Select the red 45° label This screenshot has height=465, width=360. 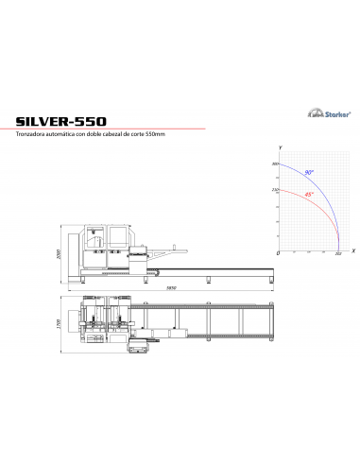[308, 195]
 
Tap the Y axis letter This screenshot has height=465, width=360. [281, 149]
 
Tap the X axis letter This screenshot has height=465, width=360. [351, 251]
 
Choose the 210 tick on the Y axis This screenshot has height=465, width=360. [275, 190]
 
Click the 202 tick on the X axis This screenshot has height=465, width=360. [338, 255]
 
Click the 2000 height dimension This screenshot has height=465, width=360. [58, 255]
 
